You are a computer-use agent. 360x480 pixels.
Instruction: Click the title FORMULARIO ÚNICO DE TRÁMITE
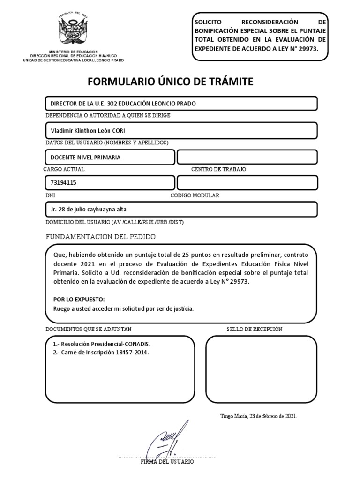click(170, 82)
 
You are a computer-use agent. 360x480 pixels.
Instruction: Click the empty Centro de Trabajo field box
click(247, 157)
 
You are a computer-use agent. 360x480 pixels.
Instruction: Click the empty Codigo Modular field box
click(247, 183)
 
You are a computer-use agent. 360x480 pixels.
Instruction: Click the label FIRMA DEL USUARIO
click(167, 462)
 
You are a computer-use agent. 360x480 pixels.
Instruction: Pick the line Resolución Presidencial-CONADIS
click(101, 344)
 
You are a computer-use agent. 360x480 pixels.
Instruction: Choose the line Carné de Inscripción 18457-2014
click(101, 352)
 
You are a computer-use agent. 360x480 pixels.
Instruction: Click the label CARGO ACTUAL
click(64, 169)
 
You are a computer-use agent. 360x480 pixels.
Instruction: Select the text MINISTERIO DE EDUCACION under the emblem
click(74, 51)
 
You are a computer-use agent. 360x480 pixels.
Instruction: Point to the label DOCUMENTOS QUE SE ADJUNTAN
click(89, 329)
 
